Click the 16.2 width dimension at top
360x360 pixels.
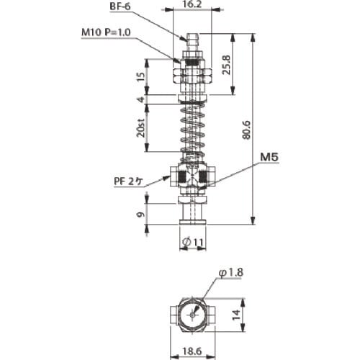click(192, 4)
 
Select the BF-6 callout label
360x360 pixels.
click(120, 6)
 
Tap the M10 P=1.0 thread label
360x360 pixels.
click(106, 32)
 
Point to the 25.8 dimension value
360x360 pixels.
click(226, 65)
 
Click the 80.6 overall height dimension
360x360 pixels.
click(246, 130)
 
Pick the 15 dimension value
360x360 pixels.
click(142, 76)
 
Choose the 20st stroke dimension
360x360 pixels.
click(141, 127)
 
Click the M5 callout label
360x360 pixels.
click(269, 158)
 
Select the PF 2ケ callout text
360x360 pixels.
click(128, 182)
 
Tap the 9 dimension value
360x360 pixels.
click(141, 215)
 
